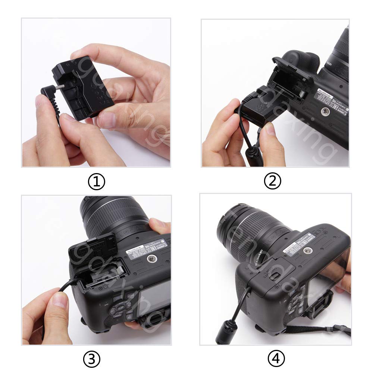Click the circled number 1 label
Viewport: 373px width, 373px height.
pyautogui.click(x=96, y=182)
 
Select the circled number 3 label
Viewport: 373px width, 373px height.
pyautogui.click(x=92, y=359)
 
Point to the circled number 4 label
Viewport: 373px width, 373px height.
pyautogui.click(x=276, y=359)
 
